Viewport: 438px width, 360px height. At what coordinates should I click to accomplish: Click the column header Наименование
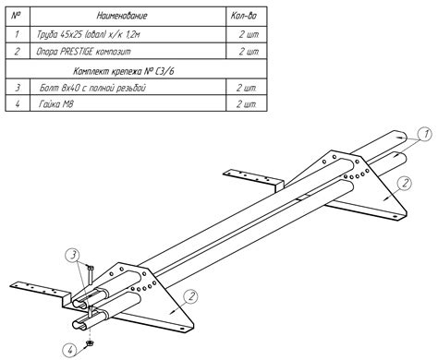[x=122, y=16]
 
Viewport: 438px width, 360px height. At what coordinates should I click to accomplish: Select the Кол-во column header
[x=244, y=16]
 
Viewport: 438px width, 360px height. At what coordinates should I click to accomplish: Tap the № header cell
[x=17, y=16]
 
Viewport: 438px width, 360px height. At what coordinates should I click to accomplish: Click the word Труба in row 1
[x=47, y=34]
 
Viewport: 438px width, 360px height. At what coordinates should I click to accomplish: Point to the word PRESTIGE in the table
[x=77, y=51]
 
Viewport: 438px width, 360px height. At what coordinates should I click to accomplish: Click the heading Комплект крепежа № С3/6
[x=123, y=71]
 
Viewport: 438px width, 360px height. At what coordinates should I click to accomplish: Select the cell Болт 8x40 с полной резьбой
[x=92, y=88]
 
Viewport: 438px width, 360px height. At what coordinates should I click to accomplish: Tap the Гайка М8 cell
[x=56, y=104]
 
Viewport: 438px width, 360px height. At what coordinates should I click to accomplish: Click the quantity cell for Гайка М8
[x=247, y=104]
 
